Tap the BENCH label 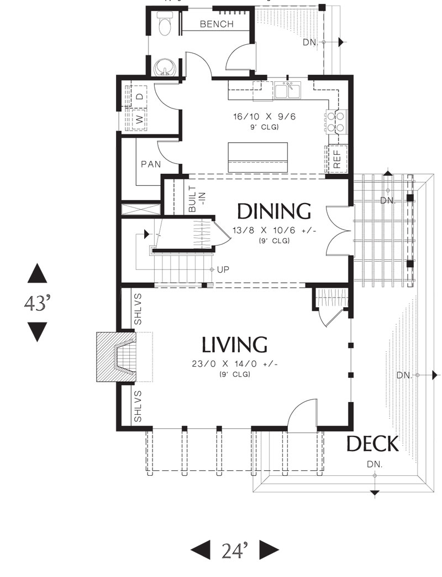pyautogui.click(x=217, y=24)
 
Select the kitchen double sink pyautogui.click(x=288, y=91)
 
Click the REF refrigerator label pyautogui.click(x=337, y=159)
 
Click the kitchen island pyautogui.click(x=257, y=157)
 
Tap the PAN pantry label pyautogui.click(x=151, y=164)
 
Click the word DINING pyautogui.click(x=273, y=211)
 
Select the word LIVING pyautogui.click(x=234, y=345)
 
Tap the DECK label pyautogui.click(x=372, y=444)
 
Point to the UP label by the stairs pyautogui.click(x=223, y=270)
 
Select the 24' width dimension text pyautogui.click(x=235, y=551)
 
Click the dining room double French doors pyautogui.click(x=337, y=231)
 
